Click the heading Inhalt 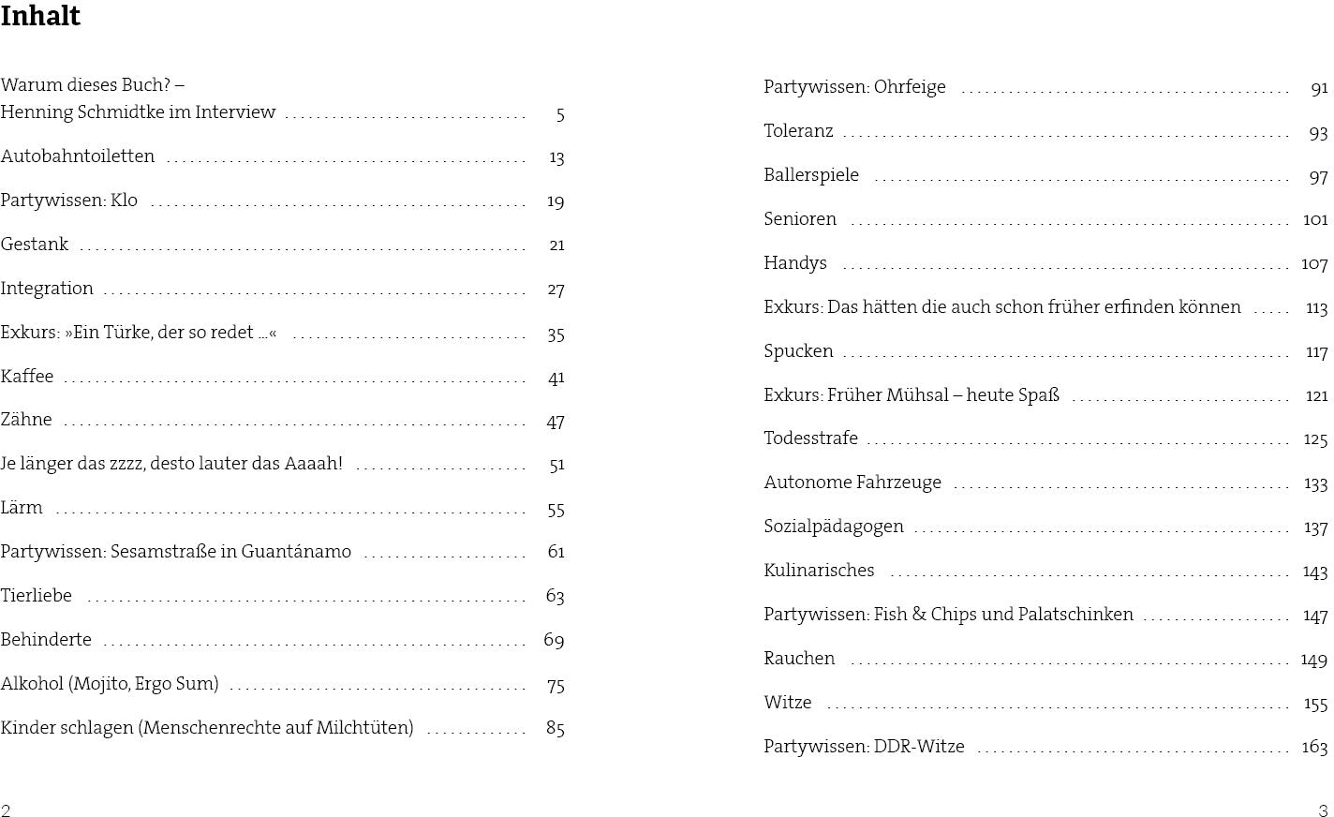(40, 17)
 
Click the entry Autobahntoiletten (78, 156)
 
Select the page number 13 (556, 157)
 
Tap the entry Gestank (35, 245)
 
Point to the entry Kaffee (27, 377)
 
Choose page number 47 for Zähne (556, 422)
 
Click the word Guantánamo (296, 552)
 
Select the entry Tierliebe (37, 596)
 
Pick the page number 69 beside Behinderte (554, 641)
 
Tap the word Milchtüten (363, 728)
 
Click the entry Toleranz (798, 132)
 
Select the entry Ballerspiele (811, 175)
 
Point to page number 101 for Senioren (1315, 219)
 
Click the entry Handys (795, 263)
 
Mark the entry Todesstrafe (810, 438)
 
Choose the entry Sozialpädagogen (834, 527)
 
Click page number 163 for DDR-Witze (1314, 747)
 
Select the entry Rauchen (799, 659)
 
